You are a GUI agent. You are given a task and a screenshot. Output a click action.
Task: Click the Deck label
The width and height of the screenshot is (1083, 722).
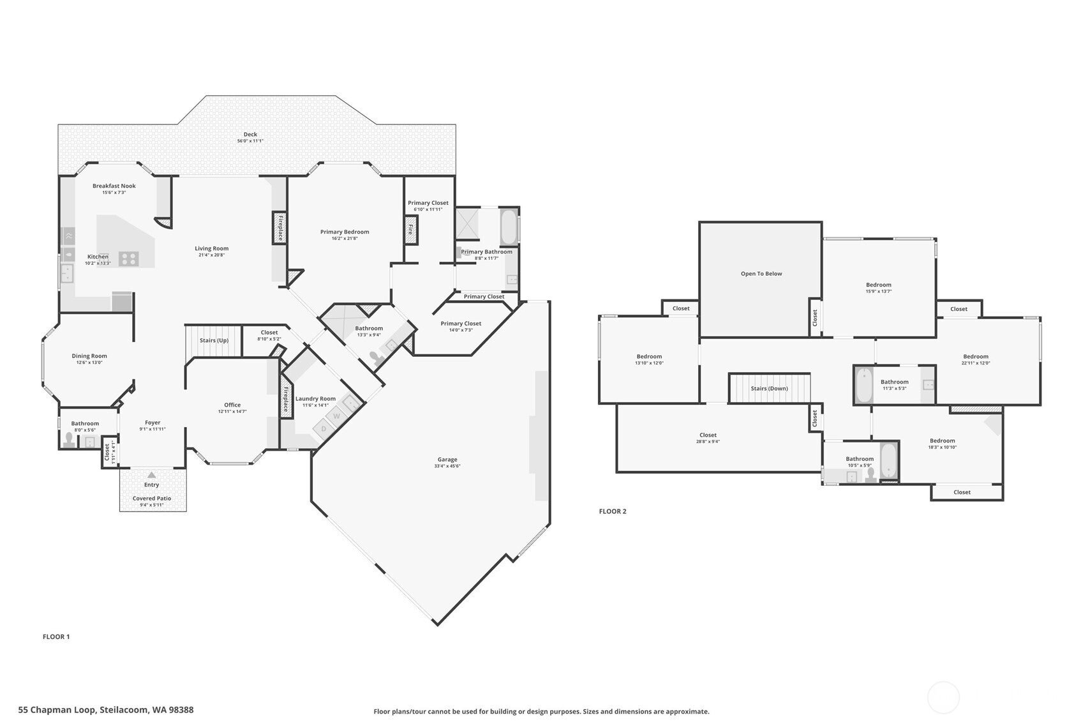pos(250,135)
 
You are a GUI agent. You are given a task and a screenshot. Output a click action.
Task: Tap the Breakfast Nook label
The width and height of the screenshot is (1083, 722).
pos(114,186)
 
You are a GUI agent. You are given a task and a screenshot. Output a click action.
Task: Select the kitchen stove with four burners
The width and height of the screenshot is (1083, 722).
pos(129,259)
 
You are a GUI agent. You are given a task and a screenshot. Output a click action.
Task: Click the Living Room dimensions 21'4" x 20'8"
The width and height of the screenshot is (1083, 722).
pos(212,255)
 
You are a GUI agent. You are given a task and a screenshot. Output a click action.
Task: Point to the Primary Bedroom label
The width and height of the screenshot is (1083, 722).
pos(345,232)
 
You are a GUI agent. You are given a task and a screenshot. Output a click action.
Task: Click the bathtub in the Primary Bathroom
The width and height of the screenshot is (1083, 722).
pos(508,227)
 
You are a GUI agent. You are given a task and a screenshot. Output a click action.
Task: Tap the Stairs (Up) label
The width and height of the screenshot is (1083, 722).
pos(214,340)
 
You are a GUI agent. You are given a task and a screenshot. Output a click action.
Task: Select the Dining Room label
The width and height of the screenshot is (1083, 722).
pos(89,356)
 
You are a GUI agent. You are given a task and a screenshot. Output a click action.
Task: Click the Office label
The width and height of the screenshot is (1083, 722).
pos(232,405)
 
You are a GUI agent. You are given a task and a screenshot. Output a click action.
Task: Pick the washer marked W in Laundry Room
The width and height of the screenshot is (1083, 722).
pos(337,416)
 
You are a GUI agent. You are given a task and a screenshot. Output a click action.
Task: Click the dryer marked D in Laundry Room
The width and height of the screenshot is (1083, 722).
pos(324,428)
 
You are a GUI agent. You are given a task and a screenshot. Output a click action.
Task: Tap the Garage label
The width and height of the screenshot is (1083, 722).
pos(447,460)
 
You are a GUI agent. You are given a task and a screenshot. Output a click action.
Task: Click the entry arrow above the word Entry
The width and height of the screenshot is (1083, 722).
pos(152,475)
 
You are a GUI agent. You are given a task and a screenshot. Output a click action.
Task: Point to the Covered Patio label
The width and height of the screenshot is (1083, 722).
pos(152,498)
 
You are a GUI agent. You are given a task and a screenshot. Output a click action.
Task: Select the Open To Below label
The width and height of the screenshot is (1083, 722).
pos(761,274)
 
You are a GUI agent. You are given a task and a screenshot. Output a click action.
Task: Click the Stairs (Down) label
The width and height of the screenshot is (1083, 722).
pos(769,388)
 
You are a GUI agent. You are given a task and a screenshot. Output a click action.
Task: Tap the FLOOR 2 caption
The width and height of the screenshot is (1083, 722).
pos(613,511)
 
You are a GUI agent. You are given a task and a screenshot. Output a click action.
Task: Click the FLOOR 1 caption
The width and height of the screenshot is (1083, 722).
pos(56,636)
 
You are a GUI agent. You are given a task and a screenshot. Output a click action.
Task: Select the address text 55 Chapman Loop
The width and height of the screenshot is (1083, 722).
pos(57,710)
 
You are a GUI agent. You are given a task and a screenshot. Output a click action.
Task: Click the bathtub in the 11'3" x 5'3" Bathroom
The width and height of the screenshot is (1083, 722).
pos(864,385)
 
